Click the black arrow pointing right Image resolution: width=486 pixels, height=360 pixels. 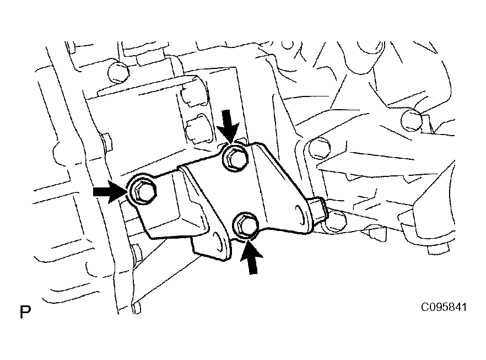(x=110, y=192)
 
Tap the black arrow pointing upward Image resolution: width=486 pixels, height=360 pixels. (x=252, y=258)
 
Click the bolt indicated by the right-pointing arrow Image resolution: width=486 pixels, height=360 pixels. (x=143, y=192)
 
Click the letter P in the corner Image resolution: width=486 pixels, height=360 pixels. (x=25, y=311)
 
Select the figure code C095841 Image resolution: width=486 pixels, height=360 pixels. (x=443, y=307)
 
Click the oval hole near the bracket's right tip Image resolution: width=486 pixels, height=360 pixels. (x=300, y=214)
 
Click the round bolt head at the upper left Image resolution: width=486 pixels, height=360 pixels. (x=118, y=72)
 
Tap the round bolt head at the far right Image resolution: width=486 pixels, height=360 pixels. (x=411, y=120)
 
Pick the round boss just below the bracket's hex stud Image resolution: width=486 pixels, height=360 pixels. (x=336, y=222)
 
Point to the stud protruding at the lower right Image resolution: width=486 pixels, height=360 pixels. (x=438, y=248)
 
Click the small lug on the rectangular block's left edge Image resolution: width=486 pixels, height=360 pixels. (x=106, y=142)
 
